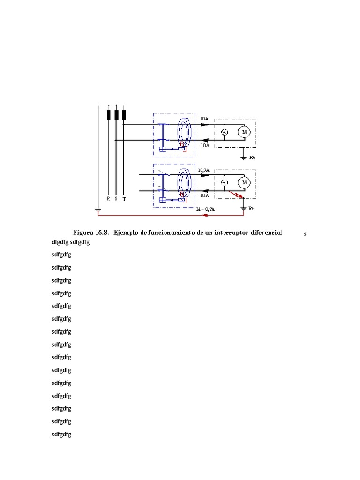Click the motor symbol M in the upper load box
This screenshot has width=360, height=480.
244,133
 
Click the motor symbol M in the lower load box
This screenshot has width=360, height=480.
244,182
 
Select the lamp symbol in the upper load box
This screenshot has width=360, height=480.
225,133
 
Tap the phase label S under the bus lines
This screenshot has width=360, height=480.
116,199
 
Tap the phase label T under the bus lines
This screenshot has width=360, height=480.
124,199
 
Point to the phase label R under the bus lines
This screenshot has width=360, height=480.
108,199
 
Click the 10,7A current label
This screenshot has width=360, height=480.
204,170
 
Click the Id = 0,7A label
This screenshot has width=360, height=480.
207,209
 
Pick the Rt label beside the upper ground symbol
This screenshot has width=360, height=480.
251,158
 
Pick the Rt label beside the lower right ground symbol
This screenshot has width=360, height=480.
251,208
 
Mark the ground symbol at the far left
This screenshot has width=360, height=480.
97,210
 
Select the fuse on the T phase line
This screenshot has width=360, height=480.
124,115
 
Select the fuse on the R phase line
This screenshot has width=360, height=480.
108,115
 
